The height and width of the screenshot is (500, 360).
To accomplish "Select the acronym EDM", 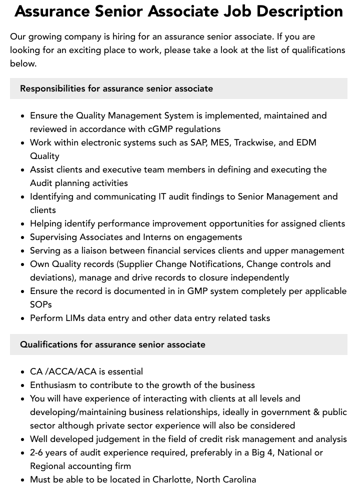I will click(306, 142).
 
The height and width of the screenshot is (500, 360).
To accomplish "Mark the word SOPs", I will click(41, 304).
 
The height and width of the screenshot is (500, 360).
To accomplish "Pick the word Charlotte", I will click(169, 479).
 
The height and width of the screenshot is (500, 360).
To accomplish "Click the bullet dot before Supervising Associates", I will click(23, 237).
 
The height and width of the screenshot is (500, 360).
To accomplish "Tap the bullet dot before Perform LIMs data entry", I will click(23, 318).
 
